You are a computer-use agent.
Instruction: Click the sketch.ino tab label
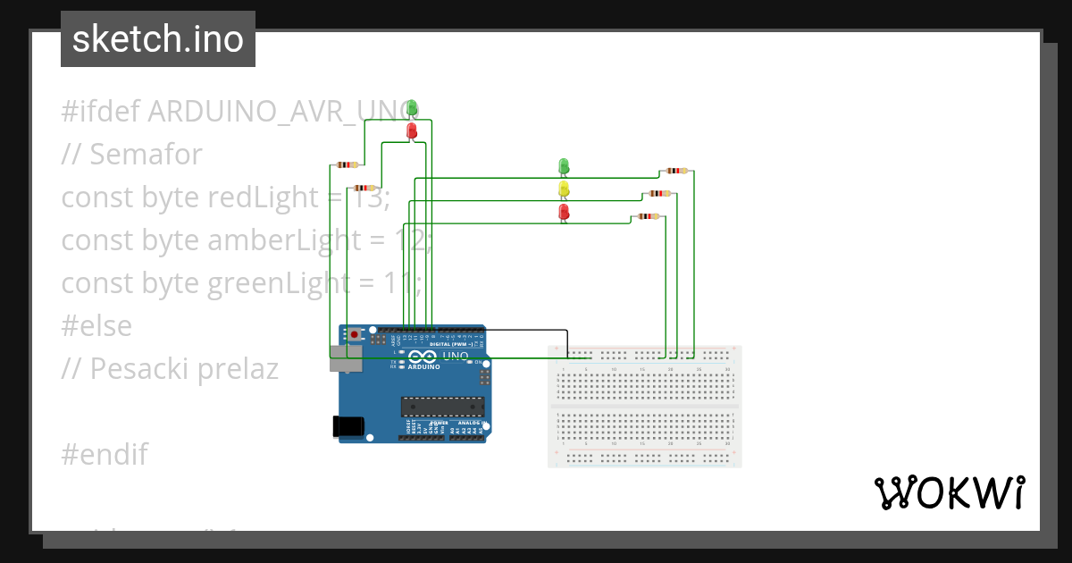point(158,39)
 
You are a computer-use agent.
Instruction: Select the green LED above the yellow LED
point(564,166)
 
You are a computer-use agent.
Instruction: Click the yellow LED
point(564,189)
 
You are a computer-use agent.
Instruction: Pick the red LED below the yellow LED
point(564,212)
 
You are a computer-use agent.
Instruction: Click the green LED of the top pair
point(412,108)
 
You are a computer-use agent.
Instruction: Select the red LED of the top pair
point(412,130)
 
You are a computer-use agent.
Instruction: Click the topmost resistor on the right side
point(677,170)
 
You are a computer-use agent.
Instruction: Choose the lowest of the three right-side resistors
point(649,216)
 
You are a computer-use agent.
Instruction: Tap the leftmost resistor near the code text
point(346,164)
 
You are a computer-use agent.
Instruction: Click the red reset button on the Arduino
point(355,334)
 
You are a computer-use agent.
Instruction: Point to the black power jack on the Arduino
point(348,427)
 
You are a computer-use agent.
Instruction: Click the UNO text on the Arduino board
point(456,356)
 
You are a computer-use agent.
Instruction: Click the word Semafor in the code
point(146,154)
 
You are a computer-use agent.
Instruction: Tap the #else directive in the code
point(96,325)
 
